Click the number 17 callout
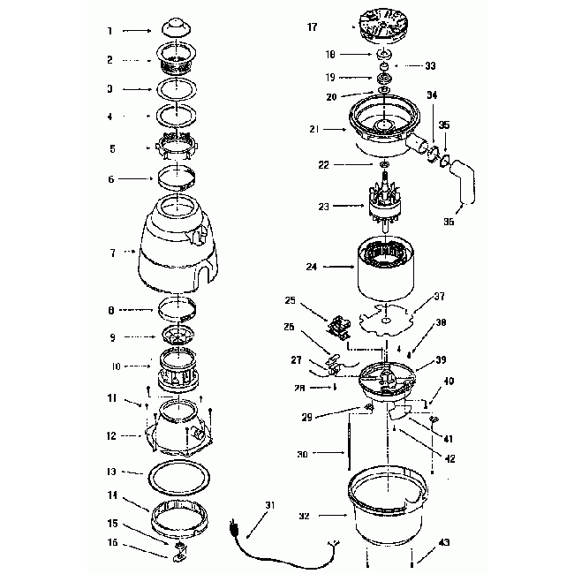(312, 27)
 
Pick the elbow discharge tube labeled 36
(464, 187)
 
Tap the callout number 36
(449, 223)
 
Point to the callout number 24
(312, 265)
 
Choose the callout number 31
(270, 505)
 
